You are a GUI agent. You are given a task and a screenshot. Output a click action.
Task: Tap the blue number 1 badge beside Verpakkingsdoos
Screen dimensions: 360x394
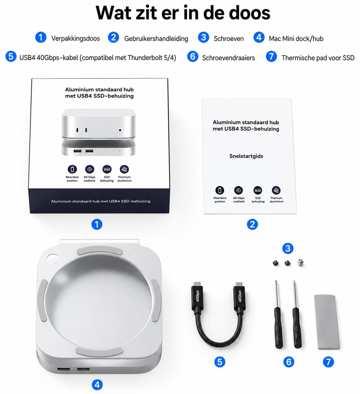point(41,37)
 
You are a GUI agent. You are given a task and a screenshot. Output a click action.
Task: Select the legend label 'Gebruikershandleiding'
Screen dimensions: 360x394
point(156,38)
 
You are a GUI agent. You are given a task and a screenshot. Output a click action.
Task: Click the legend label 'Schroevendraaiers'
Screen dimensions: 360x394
point(228,58)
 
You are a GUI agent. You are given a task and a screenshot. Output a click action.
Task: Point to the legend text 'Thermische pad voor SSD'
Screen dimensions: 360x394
point(318,58)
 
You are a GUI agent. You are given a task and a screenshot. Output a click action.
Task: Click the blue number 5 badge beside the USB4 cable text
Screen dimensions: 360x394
point(11,56)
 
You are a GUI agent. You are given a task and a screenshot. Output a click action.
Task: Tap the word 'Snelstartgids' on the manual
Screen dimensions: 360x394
point(246,156)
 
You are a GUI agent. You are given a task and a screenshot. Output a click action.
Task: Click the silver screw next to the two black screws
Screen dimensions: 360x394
point(301,263)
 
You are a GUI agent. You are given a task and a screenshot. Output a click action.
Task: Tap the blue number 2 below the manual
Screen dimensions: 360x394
point(252,224)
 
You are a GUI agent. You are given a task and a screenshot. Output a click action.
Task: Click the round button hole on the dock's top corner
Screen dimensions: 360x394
point(53,259)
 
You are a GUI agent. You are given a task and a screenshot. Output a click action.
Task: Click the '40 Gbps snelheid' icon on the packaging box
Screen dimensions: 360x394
point(89,169)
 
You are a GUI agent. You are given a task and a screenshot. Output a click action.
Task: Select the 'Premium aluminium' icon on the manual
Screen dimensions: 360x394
point(276,190)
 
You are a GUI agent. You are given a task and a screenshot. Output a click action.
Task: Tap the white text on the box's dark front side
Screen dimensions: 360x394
point(101,201)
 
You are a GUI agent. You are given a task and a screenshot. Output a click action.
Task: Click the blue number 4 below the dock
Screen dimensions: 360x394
point(97,385)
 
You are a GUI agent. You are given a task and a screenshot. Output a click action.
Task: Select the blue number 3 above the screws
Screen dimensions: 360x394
point(288,249)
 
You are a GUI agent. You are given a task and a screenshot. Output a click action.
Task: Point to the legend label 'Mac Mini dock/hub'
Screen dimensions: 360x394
point(296,38)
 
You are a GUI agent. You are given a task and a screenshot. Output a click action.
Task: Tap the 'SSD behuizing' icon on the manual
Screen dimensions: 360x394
point(258,190)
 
